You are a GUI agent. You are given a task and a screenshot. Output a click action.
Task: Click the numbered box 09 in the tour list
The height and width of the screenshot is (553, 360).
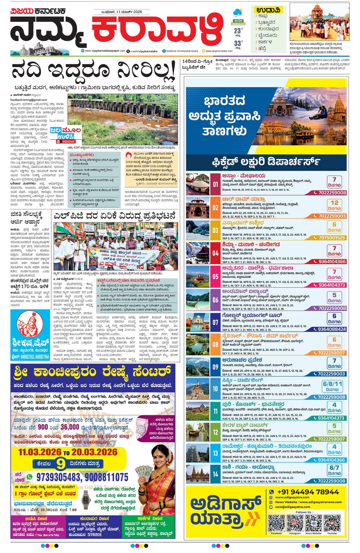pyautogui.click(x=215, y=367)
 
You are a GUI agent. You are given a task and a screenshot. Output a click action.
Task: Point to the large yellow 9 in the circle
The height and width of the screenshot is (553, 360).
pyautogui.click(x=61, y=464)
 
